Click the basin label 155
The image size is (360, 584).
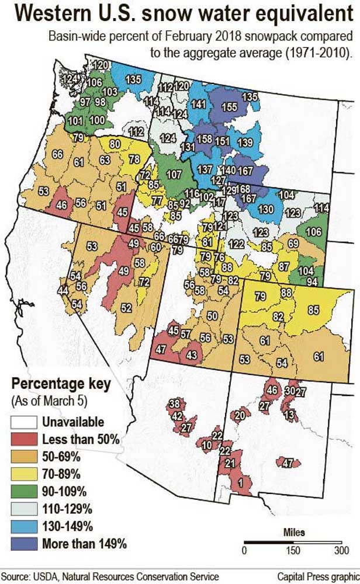click(x=230, y=107)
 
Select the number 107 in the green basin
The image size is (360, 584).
click(x=174, y=174)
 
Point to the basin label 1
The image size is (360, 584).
click(x=241, y=483)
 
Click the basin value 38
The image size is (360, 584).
click(x=174, y=404)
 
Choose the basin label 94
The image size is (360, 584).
click(x=312, y=281)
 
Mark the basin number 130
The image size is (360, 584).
click(x=266, y=209)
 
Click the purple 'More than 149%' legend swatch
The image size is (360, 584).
click(x=22, y=544)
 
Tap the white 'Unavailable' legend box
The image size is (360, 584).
click(x=22, y=422)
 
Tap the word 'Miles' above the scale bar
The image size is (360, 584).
click(x=293, y=533)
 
